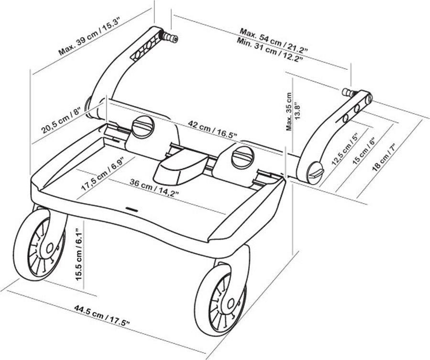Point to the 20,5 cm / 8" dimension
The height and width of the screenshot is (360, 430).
61,120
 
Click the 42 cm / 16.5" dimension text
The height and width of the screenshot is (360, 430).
212,129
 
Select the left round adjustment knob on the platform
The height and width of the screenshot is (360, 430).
143,127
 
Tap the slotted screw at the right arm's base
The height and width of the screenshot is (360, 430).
316,173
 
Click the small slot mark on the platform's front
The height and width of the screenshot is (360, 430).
132,209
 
